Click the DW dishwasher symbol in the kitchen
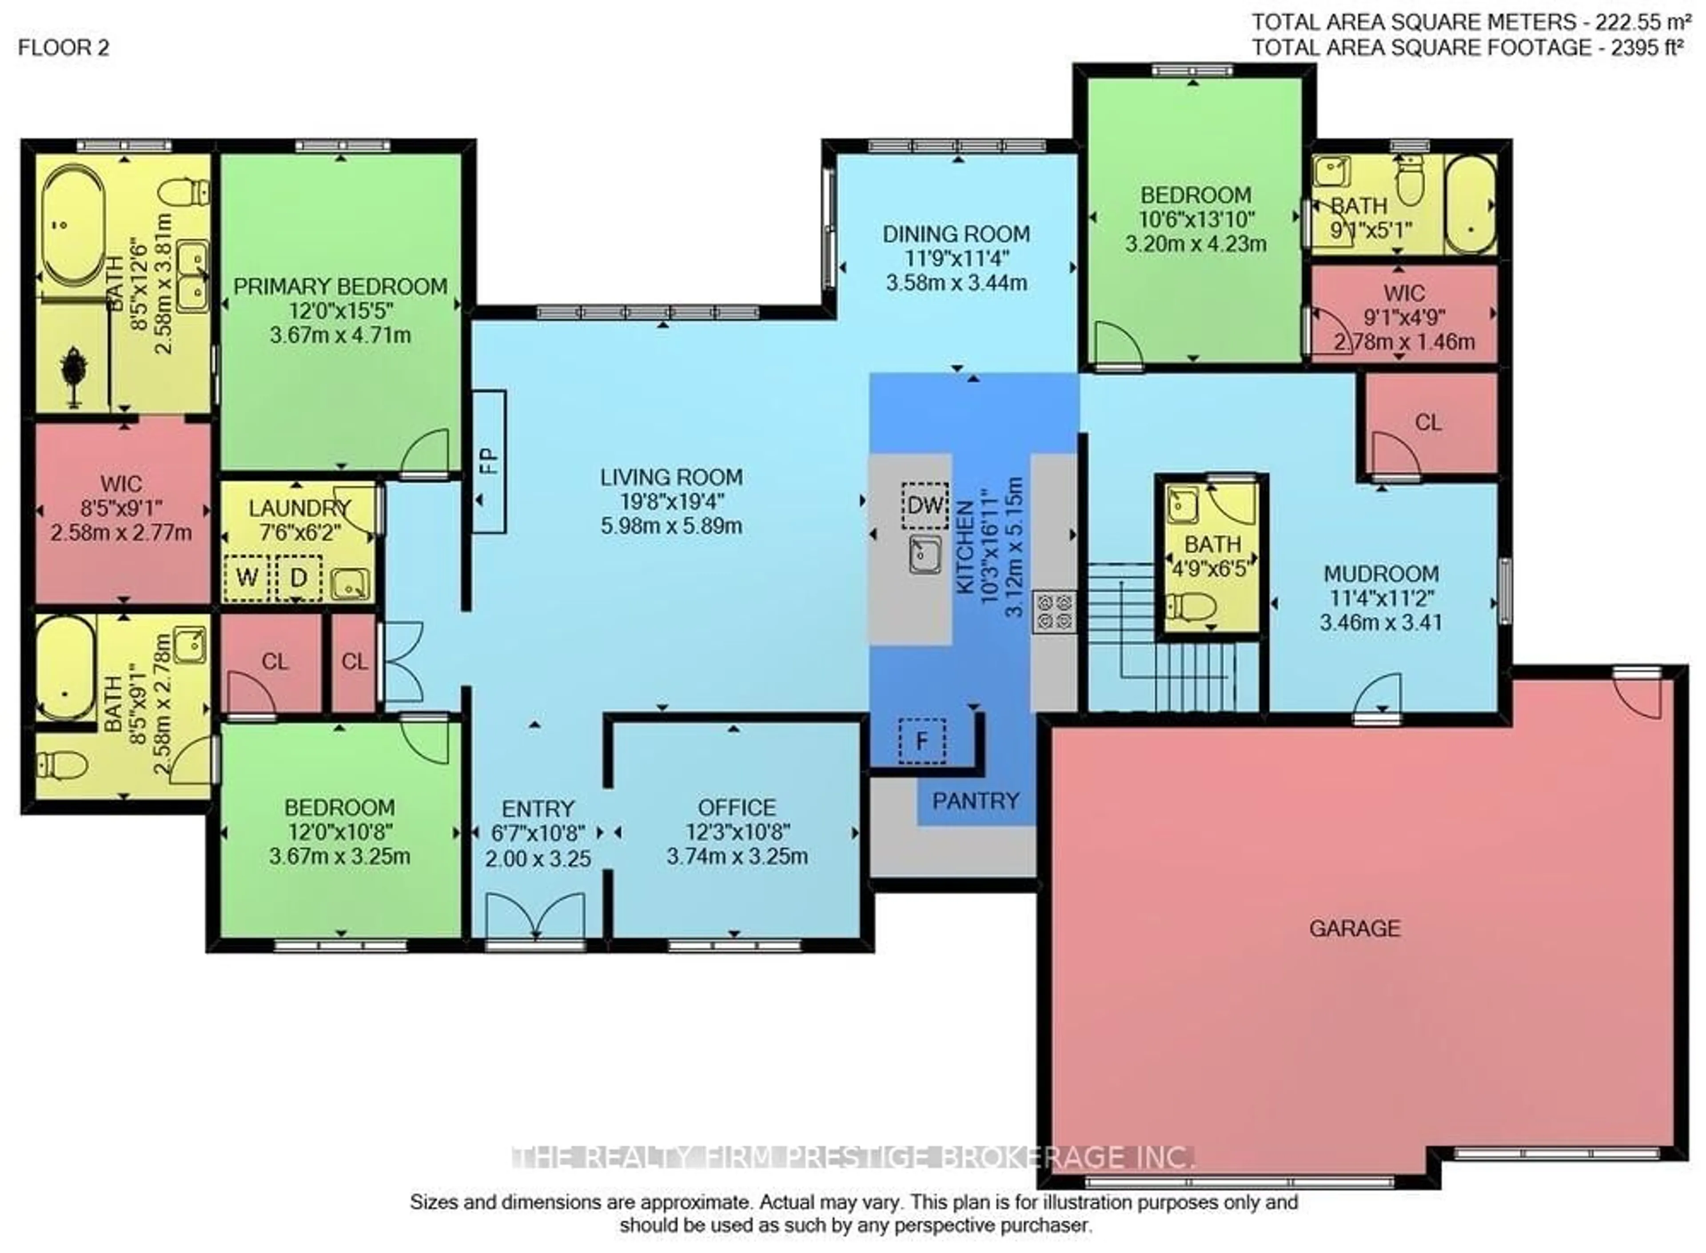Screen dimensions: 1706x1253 [x=925, y=505]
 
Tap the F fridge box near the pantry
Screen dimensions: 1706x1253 [x=922, y=740]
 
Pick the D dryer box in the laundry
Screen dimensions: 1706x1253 [x=298, y=578]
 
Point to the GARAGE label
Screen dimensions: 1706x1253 [x=1355, y=928]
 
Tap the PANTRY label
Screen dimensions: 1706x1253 [x=976, y=801]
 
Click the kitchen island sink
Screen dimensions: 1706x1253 [x=925, y=555]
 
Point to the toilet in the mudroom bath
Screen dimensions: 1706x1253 [x=1191, y=607]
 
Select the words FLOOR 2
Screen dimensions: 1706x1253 [x=64, y=48]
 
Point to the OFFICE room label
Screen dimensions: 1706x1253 [x=737, y=807]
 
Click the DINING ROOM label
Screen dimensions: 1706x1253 [x=956, y=234]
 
